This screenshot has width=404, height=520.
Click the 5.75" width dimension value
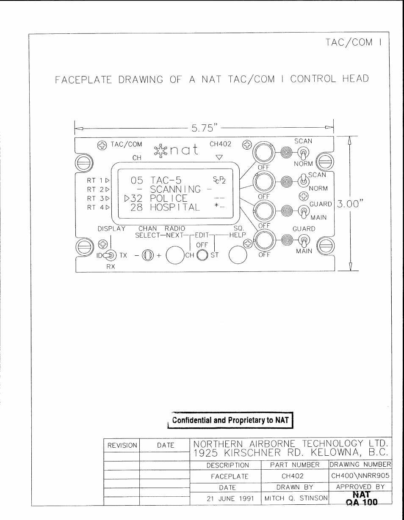point(205,128)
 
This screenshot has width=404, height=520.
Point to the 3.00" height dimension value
point(350,204)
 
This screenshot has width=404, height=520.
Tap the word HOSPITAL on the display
point(175,207)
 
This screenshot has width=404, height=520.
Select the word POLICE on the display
point(169,198)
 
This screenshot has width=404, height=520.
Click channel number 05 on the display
point(137,181)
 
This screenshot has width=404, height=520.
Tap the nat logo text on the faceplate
point(184,150)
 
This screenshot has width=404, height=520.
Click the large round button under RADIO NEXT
point(175,255)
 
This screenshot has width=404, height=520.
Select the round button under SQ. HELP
point(238,255)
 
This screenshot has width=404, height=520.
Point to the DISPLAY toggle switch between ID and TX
point(110,255)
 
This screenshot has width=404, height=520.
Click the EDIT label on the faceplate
point(202,235)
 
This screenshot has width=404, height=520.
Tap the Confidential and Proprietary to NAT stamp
point(230,420)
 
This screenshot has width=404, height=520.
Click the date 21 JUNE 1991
point(230,498)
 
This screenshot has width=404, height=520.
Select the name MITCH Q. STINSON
point(296,498)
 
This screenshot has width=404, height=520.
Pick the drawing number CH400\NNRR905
point(360,476)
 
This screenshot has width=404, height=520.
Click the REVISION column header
point(122,445)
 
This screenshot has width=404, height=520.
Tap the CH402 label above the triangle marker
point(220,144)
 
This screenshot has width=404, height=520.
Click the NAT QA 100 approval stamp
point(362,498)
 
